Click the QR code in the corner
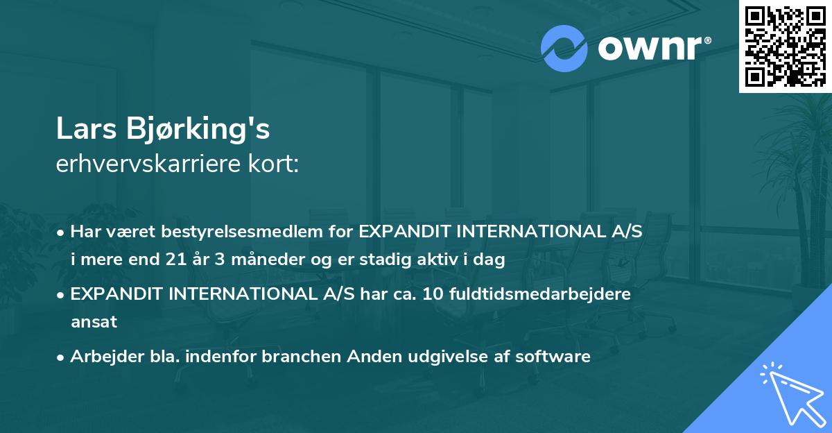[785, 46]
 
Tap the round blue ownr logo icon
[564, 48]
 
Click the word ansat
[94, 322]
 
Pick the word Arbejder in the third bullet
[101, 357]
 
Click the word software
[555, 357]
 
